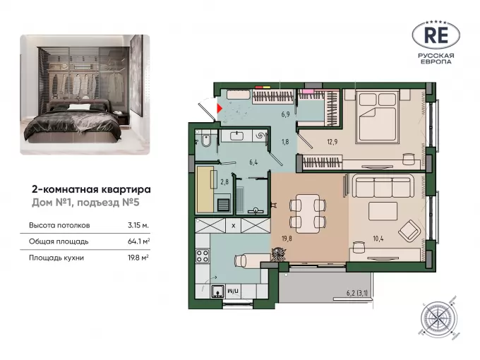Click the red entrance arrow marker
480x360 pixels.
(220, 108)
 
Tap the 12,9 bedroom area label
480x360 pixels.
(332, 142)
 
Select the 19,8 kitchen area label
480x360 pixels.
(287, 238)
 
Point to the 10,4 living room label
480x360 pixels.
(378, 238)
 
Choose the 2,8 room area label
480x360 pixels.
(224, 182)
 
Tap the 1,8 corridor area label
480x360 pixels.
(285, 142)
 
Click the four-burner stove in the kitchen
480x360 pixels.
(203, 256)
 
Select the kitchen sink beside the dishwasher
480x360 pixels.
(217, 291)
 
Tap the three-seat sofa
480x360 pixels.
(383, 186)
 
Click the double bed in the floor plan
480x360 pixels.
(378, 116)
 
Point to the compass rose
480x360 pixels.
(438, 319)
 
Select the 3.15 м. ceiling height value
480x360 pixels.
(138, 225)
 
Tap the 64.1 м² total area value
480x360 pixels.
(138, 241)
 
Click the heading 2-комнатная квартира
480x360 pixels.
(91, 189)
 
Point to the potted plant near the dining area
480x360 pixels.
(279, 254)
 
